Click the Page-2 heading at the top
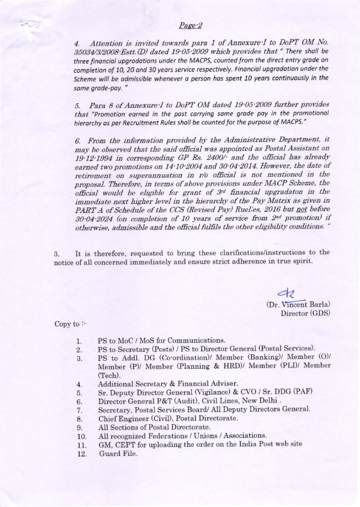(190, 25)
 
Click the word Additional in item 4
(118, 383)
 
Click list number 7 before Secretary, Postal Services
(79, 409)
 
